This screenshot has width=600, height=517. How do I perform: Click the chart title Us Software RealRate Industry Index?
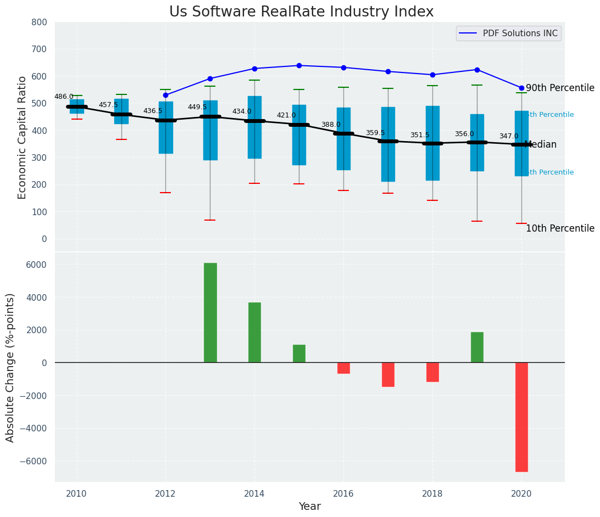pyautogui.click(x=301, y=12)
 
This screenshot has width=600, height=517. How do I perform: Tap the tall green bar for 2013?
pyautogui.click(x=210, y=313)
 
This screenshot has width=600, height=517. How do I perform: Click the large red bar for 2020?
pyautogui.click(x=521, y=417)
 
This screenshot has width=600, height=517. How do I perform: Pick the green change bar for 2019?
pyautogui.click(x=477, y=347)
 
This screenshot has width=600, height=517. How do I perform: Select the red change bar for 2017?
pyautogui.click(x=388, y=374)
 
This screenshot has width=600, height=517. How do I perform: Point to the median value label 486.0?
pyautogui.click(x=64, y=97)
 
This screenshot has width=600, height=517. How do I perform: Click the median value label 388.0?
pyautogui.click(x=331, y=125)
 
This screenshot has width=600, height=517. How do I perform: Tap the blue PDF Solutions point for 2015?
pyautogui.click(x=299, y=65)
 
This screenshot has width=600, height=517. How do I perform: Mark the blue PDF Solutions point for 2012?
pyautogui.click(x=165, y=95)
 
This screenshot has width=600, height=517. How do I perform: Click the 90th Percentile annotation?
pyautogui.click(x=560, y=88)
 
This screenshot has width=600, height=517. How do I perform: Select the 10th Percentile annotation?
pyautogui.click(x=560, y=229)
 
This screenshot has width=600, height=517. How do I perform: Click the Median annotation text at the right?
pyautogui.click(x=541, y=145)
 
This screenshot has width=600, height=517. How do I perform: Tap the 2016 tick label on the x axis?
pyautogui.click(x=343, y=494)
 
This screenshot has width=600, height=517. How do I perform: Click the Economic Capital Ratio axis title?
pyautogui.click(x=23, y=137)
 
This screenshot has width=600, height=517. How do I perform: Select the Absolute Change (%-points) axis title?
pyautogui.click(x=10, y=367)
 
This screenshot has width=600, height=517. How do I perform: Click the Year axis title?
pyautogui.click(x=309, y=507)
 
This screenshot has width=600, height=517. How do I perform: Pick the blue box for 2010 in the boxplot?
pyautogui.click(x=77, y=106)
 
